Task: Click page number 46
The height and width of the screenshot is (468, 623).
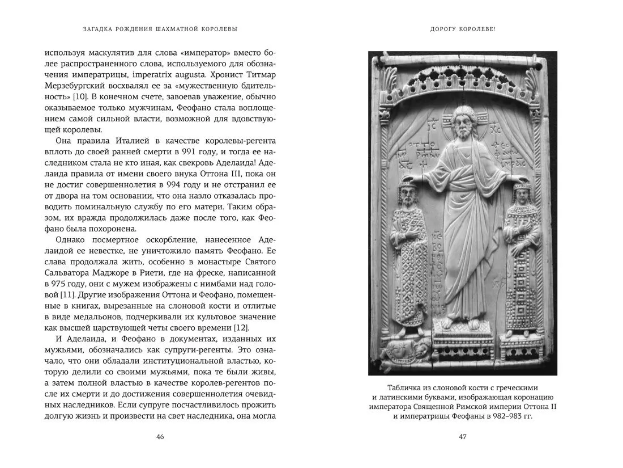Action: [x=160, y=437]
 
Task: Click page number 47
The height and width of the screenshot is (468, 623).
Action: [x=462, y=437]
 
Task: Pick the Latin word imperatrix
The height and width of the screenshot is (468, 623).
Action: [x=161, y=74]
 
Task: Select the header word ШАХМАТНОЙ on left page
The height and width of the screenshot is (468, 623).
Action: [x=180, y=28]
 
